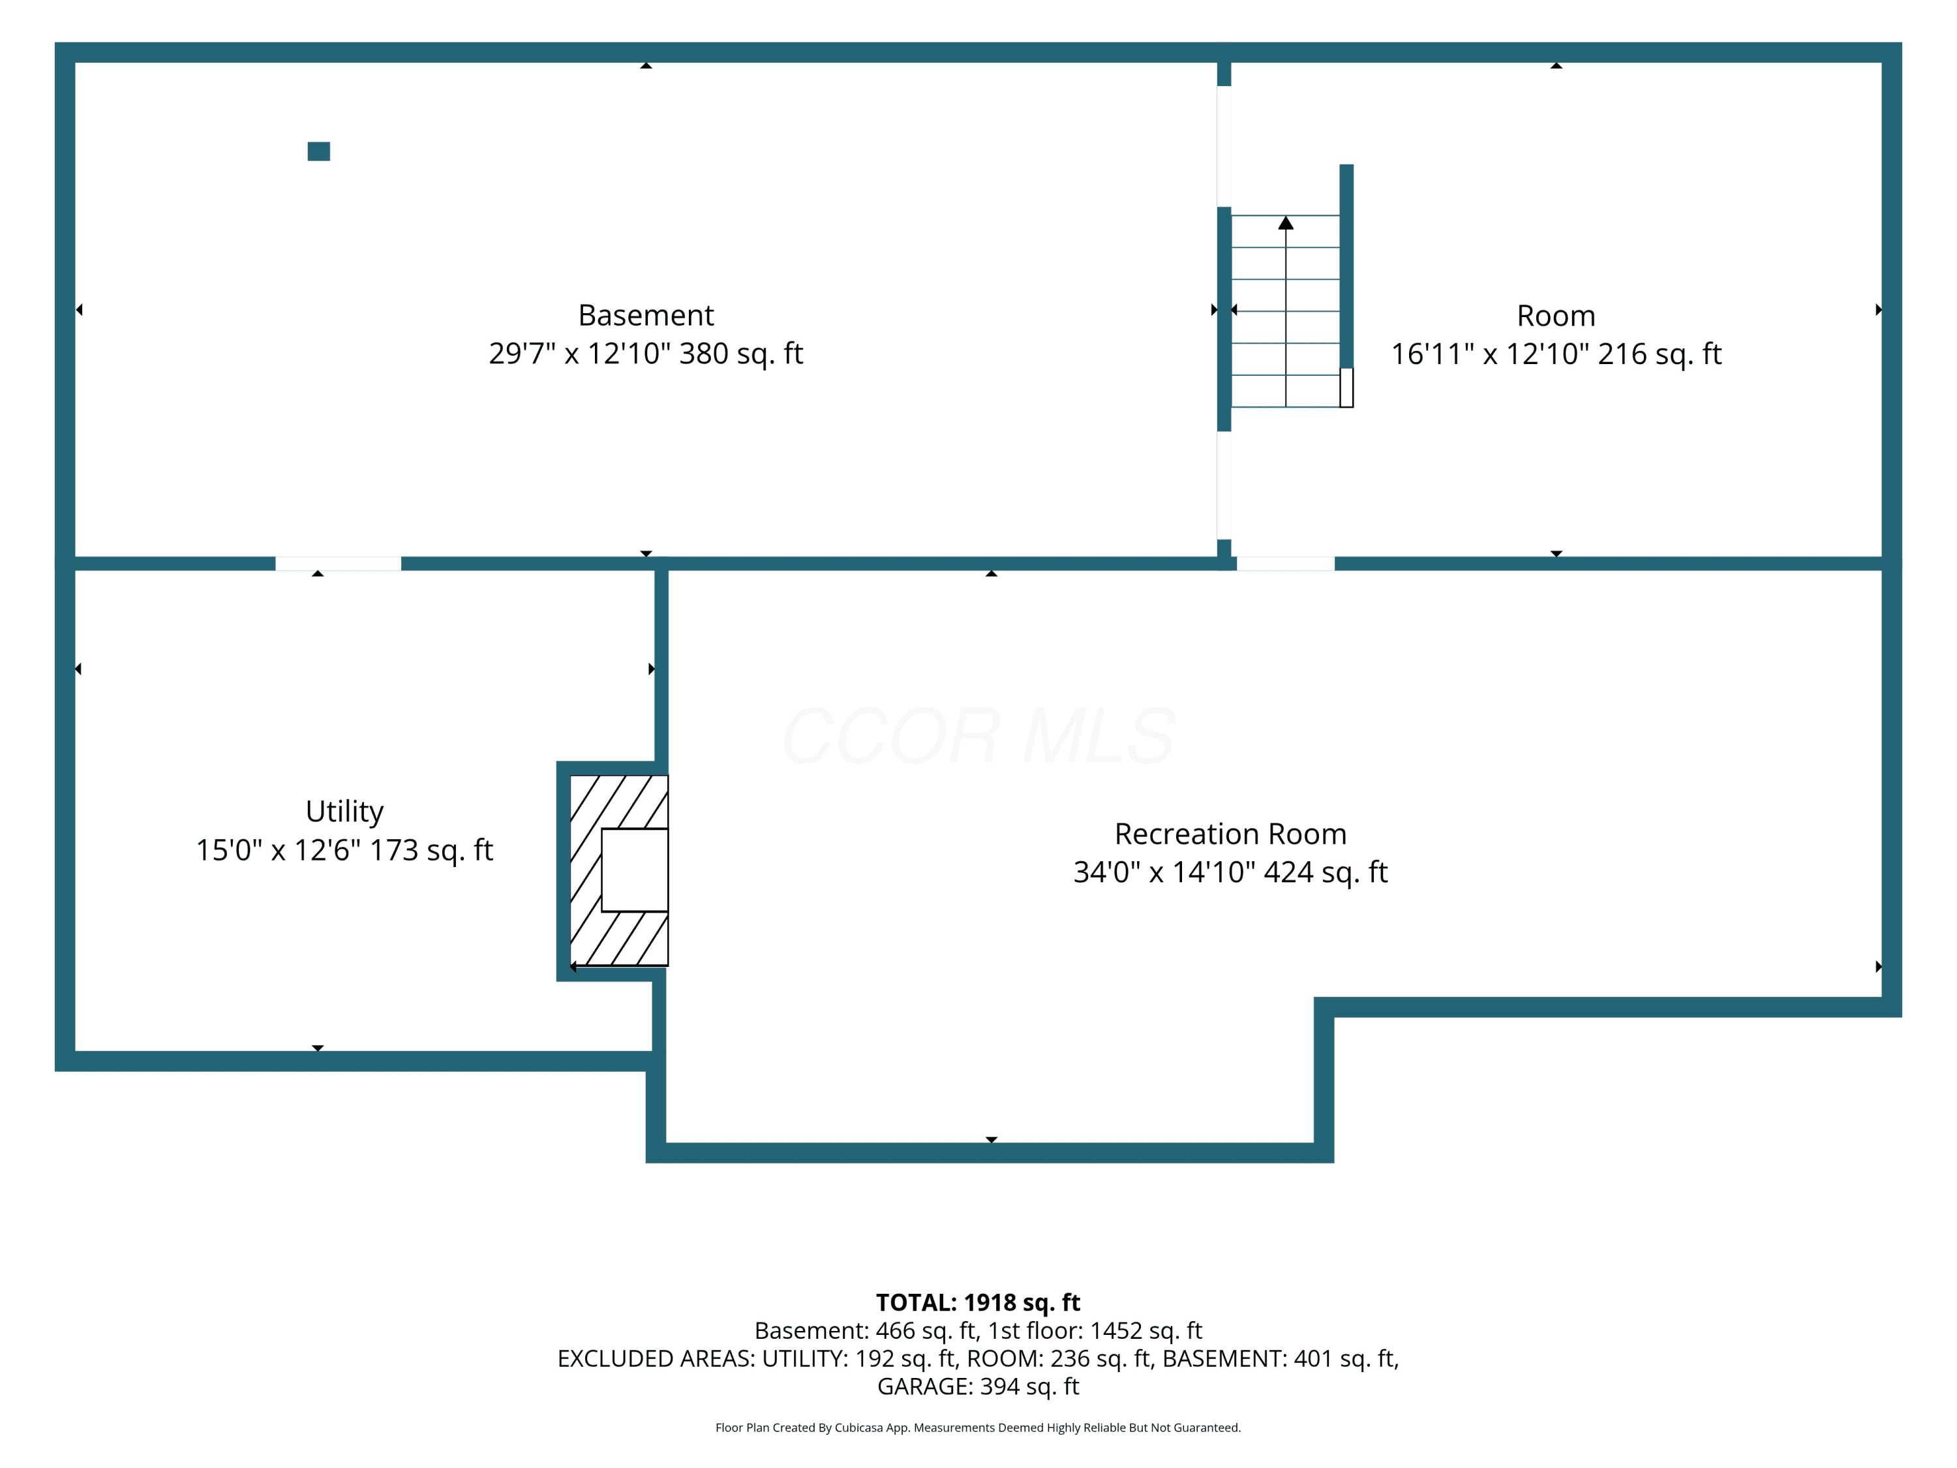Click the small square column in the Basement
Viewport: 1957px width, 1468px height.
point(318,151)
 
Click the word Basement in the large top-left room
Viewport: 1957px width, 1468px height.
point(646,315)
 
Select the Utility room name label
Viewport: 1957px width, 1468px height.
point(344,812)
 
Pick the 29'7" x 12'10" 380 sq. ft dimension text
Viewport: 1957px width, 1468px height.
point(646,353)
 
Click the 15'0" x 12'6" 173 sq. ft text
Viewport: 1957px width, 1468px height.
point(344,849)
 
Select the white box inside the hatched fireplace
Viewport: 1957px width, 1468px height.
point(634,870)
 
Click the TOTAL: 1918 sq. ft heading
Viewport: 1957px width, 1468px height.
point(978,1302)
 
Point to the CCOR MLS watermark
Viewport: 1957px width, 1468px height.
point(978,735)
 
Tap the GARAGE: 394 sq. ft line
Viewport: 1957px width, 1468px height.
point(978,1386)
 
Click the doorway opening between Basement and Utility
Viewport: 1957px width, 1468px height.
point(338,564)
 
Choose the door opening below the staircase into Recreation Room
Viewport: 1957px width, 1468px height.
point(1286,564)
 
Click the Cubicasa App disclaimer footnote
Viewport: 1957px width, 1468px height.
point(978,1428)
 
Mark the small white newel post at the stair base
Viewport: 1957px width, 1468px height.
point(1346,388)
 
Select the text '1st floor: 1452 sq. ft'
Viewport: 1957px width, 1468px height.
point(1095,1330)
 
